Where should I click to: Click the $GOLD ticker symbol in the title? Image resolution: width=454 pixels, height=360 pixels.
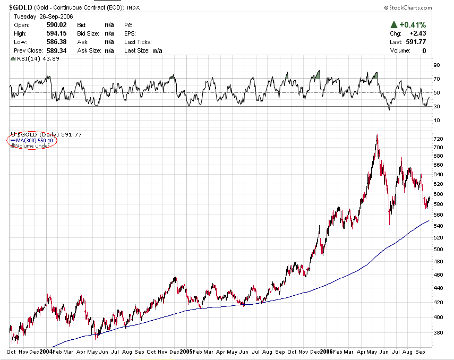pos(20,8)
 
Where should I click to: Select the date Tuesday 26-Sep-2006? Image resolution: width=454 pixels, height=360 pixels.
pos(36,16)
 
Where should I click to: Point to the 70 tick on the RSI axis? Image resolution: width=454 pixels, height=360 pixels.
pos(436,79)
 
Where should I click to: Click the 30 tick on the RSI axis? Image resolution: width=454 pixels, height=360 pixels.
pos(436,107)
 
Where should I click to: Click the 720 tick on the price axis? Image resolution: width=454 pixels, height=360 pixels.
pos(438,139)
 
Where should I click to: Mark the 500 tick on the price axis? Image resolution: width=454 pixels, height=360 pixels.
pos(438,250)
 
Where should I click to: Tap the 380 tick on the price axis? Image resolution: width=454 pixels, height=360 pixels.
pos(438,333)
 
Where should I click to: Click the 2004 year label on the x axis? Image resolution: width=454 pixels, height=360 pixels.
pos(46,352)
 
